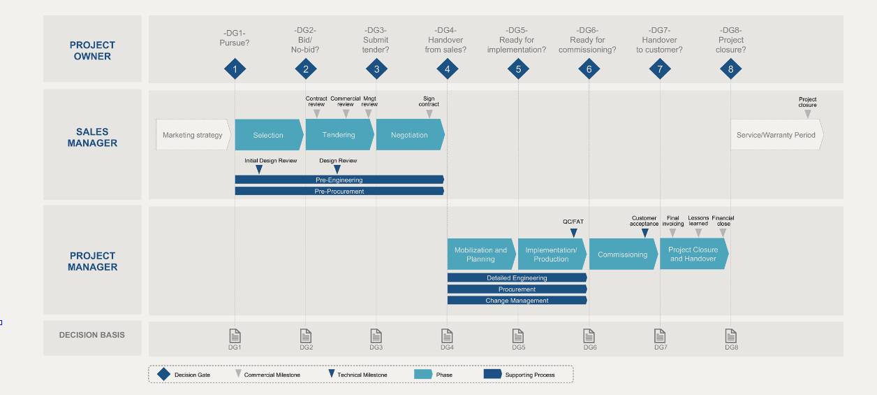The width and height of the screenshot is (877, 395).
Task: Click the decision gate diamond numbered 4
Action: [x=448, y=69]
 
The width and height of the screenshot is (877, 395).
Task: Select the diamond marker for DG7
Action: [x=660, y=69]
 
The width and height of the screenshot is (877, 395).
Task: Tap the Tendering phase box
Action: [x=339, y=135]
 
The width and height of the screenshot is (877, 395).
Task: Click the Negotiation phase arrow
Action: [x=410, y=135]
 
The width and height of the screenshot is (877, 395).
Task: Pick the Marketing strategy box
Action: [x=193, y=135]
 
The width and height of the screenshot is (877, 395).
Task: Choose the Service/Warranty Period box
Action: [x=776, y=135]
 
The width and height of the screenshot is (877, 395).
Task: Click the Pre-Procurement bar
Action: [x=339, y=191]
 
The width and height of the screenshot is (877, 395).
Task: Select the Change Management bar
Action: [x=517, y=301]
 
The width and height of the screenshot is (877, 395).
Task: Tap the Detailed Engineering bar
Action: [x=517, y=278]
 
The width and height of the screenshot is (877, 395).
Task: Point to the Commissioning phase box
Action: [x=623, y=254]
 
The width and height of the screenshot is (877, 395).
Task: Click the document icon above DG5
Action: [x=518, y=336]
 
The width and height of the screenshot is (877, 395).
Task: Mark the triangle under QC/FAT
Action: [x=574, y=233]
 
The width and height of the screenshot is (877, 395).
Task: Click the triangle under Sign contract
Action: [x=429, y=114]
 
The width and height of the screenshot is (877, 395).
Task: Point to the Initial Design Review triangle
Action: [x=259, y=169]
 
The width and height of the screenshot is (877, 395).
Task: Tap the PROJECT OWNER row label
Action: [x=92, y=50]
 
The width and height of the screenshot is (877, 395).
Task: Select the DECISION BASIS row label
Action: [x=92, y=335]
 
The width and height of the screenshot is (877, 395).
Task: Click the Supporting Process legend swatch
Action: [x=492, y=374]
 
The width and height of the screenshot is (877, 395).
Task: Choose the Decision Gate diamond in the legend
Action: [x=163, y=374]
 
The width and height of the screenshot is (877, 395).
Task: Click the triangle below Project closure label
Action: [x=808, y=114]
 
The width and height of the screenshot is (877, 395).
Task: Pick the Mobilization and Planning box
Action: [x=481, y=254]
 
